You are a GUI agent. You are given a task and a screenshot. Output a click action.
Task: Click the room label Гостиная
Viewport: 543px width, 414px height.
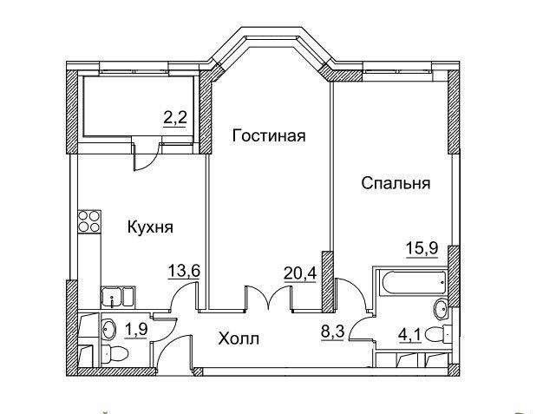[268, 135]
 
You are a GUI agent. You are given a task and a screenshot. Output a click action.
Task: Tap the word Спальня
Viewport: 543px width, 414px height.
[396, 184]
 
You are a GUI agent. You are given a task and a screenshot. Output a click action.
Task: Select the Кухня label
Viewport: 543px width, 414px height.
[150, 227]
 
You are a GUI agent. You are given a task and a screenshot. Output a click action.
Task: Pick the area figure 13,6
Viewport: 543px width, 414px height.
[185, 271]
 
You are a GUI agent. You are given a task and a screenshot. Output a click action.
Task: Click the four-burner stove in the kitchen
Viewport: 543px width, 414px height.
[88, 225]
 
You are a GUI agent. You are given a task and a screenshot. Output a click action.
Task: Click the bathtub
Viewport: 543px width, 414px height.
[409, 285]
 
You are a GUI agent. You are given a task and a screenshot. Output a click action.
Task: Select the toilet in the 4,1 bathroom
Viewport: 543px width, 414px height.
[441, 338]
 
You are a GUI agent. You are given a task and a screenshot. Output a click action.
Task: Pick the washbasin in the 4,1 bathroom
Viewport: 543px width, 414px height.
[442, 306]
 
